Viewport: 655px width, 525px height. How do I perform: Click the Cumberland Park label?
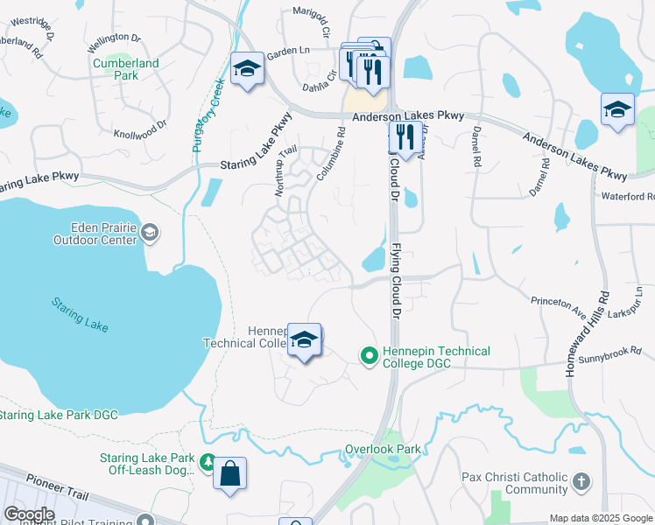coord(127,69)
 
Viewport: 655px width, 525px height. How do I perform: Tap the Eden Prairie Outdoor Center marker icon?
coord(150,232)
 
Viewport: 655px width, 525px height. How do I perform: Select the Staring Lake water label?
coord(80,314)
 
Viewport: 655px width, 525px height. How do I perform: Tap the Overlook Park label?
coord(383,449)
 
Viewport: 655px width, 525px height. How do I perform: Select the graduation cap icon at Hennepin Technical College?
coord(304,340)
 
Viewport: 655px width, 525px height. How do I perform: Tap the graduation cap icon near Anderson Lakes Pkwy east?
coord(617,109)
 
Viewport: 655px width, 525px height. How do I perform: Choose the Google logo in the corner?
coord(29,514)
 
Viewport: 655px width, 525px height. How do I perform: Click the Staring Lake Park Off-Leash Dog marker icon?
coord(208,461)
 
